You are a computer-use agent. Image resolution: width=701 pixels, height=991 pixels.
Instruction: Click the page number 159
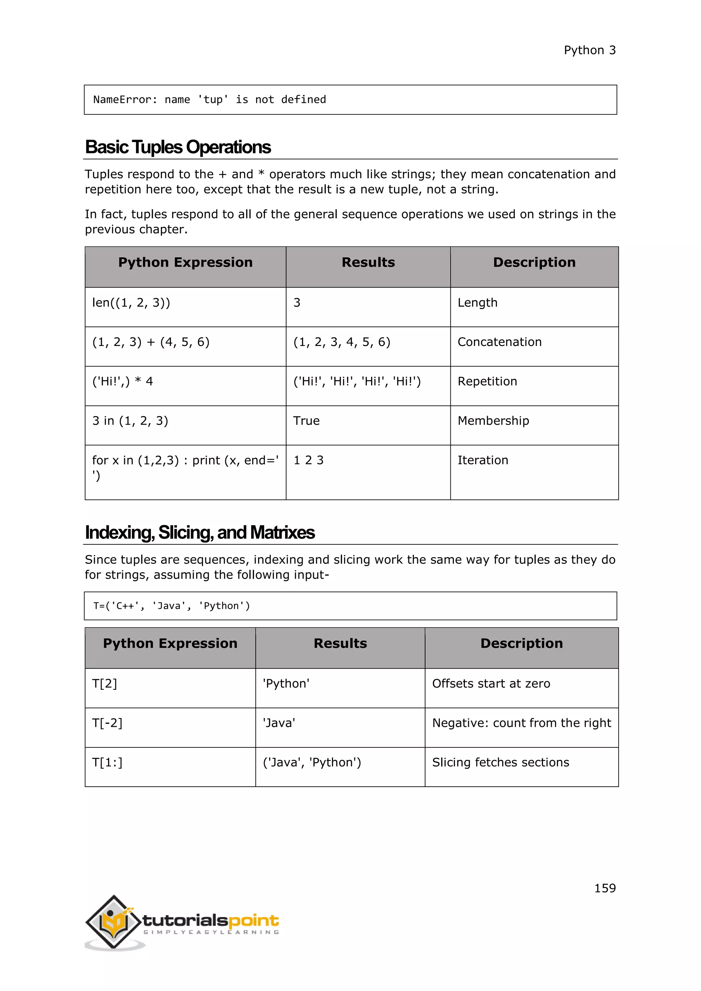[605, 888]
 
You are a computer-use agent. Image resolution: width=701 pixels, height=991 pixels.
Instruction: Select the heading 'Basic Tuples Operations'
[178, 147]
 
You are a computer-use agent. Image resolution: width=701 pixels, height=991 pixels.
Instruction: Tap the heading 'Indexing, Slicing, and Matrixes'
[200, 532]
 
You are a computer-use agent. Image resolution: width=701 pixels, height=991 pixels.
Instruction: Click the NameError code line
[210, 100]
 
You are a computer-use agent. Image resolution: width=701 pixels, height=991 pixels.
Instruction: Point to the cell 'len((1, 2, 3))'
[131, 303]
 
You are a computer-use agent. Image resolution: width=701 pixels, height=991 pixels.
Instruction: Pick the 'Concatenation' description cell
[499, 342]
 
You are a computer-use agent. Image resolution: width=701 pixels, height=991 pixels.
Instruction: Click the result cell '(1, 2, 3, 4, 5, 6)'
[342, 342]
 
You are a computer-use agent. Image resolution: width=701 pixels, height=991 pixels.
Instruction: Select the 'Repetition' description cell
[487, 381]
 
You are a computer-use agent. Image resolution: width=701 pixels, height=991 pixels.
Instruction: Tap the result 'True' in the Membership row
[306, 421]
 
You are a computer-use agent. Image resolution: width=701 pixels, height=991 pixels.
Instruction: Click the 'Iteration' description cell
[483, 460]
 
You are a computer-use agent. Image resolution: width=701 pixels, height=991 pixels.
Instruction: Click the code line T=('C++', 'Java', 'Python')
[172, 606]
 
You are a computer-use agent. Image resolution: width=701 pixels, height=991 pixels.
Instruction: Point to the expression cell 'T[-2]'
[107, 723]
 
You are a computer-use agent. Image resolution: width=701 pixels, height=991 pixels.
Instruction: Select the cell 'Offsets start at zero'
[491, 684]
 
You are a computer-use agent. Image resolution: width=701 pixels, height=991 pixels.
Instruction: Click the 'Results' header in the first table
[368, 262]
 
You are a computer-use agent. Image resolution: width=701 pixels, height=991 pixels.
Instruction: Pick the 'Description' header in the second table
[521, 644]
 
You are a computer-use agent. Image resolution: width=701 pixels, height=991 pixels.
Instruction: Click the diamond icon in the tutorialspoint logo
[114, 922]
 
